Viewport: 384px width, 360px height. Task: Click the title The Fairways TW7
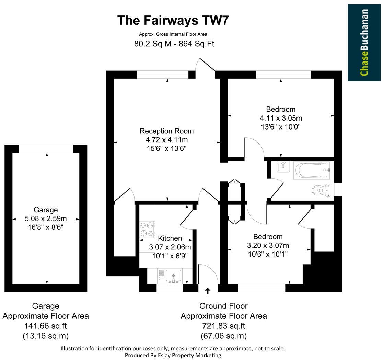[x=173, y=20]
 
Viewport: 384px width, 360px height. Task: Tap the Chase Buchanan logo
[x=364, y=42]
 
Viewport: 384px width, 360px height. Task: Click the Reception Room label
[x=166, y=131]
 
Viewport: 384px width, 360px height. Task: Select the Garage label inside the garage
[x=46, y=210]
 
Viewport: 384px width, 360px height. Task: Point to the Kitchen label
[x=170, y=238]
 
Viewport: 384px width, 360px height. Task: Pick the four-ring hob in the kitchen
[x=147, y=229]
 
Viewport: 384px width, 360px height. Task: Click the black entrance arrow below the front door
[x=208, y=291]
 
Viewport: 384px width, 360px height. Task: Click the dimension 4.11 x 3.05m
[x=281, y=118]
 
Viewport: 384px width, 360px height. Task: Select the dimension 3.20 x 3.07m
[x=268, y=245]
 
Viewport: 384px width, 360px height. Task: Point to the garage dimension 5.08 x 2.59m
[x=46, y=218]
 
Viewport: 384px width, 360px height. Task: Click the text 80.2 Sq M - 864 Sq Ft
[x=174, y=44]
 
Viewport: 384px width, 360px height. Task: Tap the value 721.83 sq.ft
[x=223, y=326]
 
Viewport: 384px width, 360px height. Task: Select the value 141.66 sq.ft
[x=46, y=326]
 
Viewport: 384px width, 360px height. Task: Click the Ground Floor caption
[x=223, y=306]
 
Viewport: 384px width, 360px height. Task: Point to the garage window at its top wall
[x=46, y=148]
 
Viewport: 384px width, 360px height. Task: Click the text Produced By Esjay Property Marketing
[x=173, y=355]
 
